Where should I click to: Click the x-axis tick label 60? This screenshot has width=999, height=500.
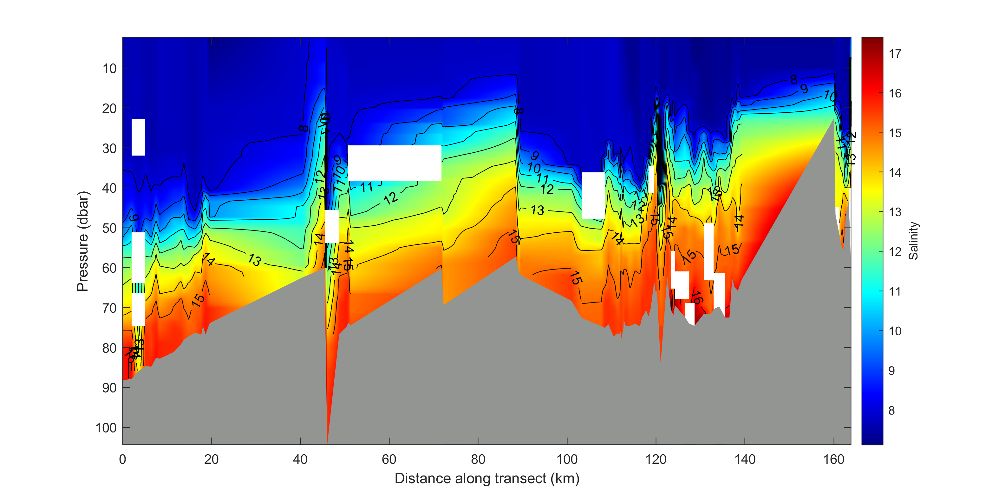(x=388, y=460)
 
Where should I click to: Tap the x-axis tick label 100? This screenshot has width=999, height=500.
(x=567, y=460)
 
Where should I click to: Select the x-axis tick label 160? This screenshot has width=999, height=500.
(x=833, y=460)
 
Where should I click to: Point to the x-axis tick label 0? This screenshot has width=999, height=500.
(x=122, y=460)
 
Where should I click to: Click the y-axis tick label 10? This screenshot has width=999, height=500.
(x=109, y=69)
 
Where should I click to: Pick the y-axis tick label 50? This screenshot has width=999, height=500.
(x=109, y=228)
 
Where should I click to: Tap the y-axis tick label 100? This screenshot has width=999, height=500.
(x=106, y=428)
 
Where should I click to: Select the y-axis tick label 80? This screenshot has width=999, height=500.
(x=109, y=348)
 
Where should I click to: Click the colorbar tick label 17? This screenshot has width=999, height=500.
(x=895, y=54)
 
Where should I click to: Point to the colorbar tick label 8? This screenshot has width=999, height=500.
(x=891, y=410)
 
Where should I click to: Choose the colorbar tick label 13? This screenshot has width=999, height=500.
(x=895, y=212)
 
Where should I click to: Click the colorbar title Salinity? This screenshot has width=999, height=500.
(x=914, y=241)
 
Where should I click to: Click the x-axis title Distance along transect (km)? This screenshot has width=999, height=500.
(x=487, y=479)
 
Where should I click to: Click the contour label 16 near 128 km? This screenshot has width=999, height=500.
(x=697, y=298)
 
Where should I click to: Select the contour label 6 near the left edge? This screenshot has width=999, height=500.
(x=134, y=218)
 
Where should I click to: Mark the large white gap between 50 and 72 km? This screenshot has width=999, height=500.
(x=395, y=163)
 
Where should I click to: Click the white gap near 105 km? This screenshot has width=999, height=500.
(x=593, y=195)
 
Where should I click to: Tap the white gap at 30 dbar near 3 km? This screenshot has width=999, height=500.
(x=139, y=137)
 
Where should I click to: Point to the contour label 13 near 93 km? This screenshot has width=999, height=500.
(x=537, y=210)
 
